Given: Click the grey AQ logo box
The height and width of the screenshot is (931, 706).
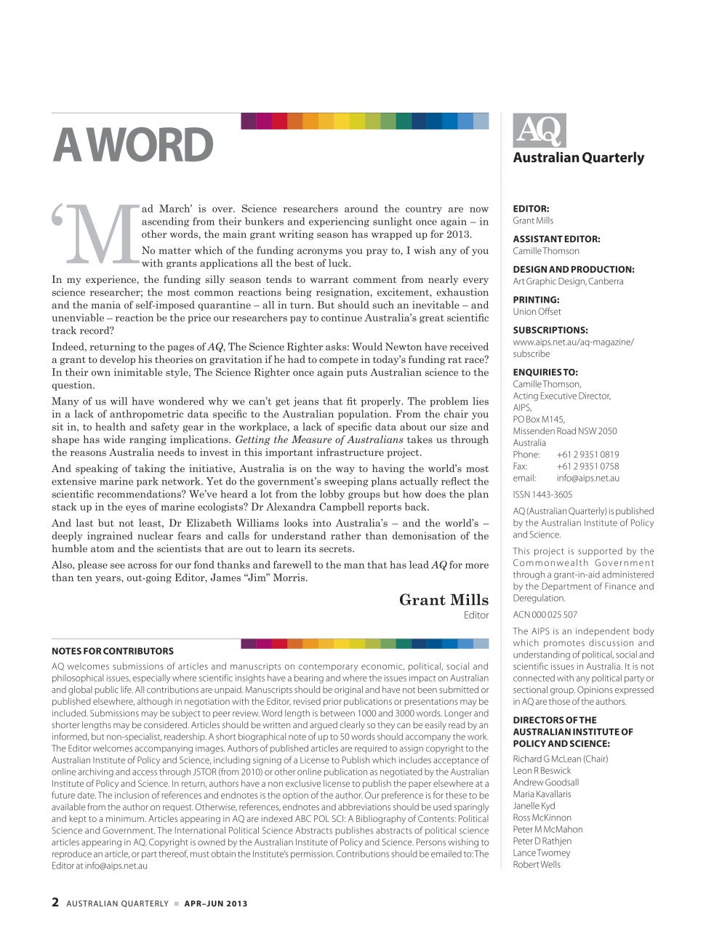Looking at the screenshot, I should click(x=539, y=131).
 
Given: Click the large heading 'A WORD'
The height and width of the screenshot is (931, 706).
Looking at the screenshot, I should click(x=133, y=146).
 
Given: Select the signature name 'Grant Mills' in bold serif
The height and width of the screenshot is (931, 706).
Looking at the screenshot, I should click(x=444, y=600).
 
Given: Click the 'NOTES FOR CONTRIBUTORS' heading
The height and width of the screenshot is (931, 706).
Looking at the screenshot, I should click(x=113, y=651).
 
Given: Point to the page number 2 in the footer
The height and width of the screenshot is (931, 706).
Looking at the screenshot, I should click(x=55, y=903).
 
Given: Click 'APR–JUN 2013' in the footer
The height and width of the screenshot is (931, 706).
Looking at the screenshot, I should click(x=216, y=903).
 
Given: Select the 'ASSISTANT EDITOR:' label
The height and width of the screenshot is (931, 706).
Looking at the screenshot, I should click(x=556, y=239).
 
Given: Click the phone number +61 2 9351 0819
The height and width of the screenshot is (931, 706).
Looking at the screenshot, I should click(x=587, y=455).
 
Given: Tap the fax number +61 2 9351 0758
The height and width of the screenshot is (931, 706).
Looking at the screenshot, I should click(x=587, y=466).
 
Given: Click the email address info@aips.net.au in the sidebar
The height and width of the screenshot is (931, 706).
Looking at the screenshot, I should click(x=587, y=478).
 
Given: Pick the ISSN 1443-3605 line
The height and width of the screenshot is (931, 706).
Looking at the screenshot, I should click(x=542, y=495).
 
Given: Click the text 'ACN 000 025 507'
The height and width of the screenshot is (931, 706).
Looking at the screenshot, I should click(x=545, y=615).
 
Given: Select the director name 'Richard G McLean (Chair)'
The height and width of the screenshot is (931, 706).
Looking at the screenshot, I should click(x=560, y=759).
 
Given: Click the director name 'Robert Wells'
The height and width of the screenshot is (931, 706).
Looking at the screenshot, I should click(x=537, y=864).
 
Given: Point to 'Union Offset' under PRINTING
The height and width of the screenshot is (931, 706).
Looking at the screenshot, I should click(x=537, y=311).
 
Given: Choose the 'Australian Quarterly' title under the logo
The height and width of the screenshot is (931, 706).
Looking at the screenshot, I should click(x=578, y=158).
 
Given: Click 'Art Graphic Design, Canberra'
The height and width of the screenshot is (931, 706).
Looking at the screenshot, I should click(x=568, y=281).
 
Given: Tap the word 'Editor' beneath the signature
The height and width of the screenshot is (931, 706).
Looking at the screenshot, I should click(x=476, y=615).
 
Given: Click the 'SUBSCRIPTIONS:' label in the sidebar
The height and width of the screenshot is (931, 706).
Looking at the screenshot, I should click(x=550, y=329).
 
